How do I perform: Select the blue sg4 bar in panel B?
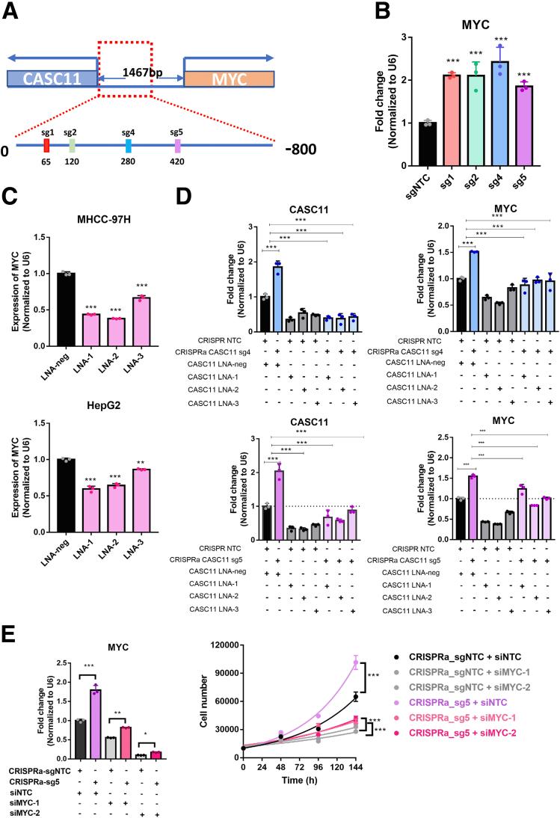(489, 114)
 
